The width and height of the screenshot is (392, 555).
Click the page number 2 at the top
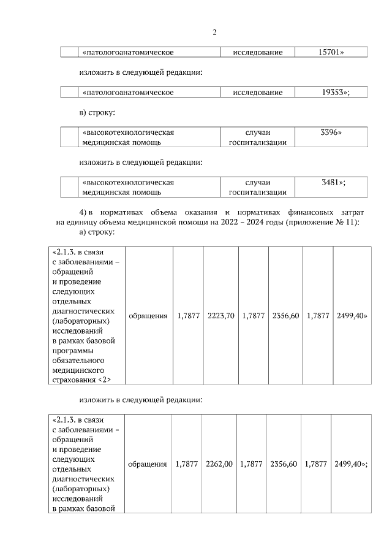[214, 33]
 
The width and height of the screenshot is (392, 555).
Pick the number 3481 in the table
[333, 182]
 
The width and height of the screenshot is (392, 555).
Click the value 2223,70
[221, 316]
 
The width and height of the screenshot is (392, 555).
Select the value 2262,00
[219, 464]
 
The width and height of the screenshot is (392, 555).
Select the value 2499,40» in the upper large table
[352, 316]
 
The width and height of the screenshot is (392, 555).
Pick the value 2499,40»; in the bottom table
[351, 464]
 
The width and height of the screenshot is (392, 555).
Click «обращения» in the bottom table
[148, 464]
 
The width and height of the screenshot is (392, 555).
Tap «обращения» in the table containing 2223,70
[148, 316]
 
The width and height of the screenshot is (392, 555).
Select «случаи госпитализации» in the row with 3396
[257, 137]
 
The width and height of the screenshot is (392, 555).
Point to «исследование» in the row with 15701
[257, 53]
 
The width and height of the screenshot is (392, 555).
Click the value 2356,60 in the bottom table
[284, 464]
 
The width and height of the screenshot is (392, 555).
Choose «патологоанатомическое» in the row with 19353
[128, 92]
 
